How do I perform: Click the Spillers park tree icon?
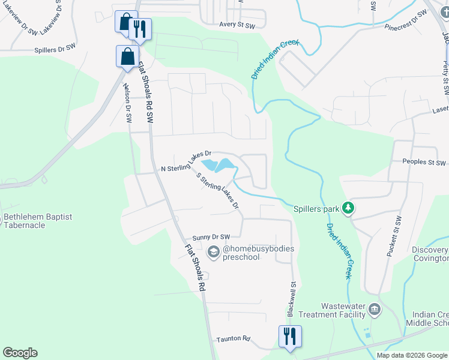348,209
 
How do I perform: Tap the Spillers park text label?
316,209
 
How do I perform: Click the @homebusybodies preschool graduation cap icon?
213,253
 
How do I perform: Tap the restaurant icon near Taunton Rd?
290,337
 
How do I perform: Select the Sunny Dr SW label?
211,238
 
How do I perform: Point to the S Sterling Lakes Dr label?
218,191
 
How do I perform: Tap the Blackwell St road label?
292,299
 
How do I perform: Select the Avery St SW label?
238,25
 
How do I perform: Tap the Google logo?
20,353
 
